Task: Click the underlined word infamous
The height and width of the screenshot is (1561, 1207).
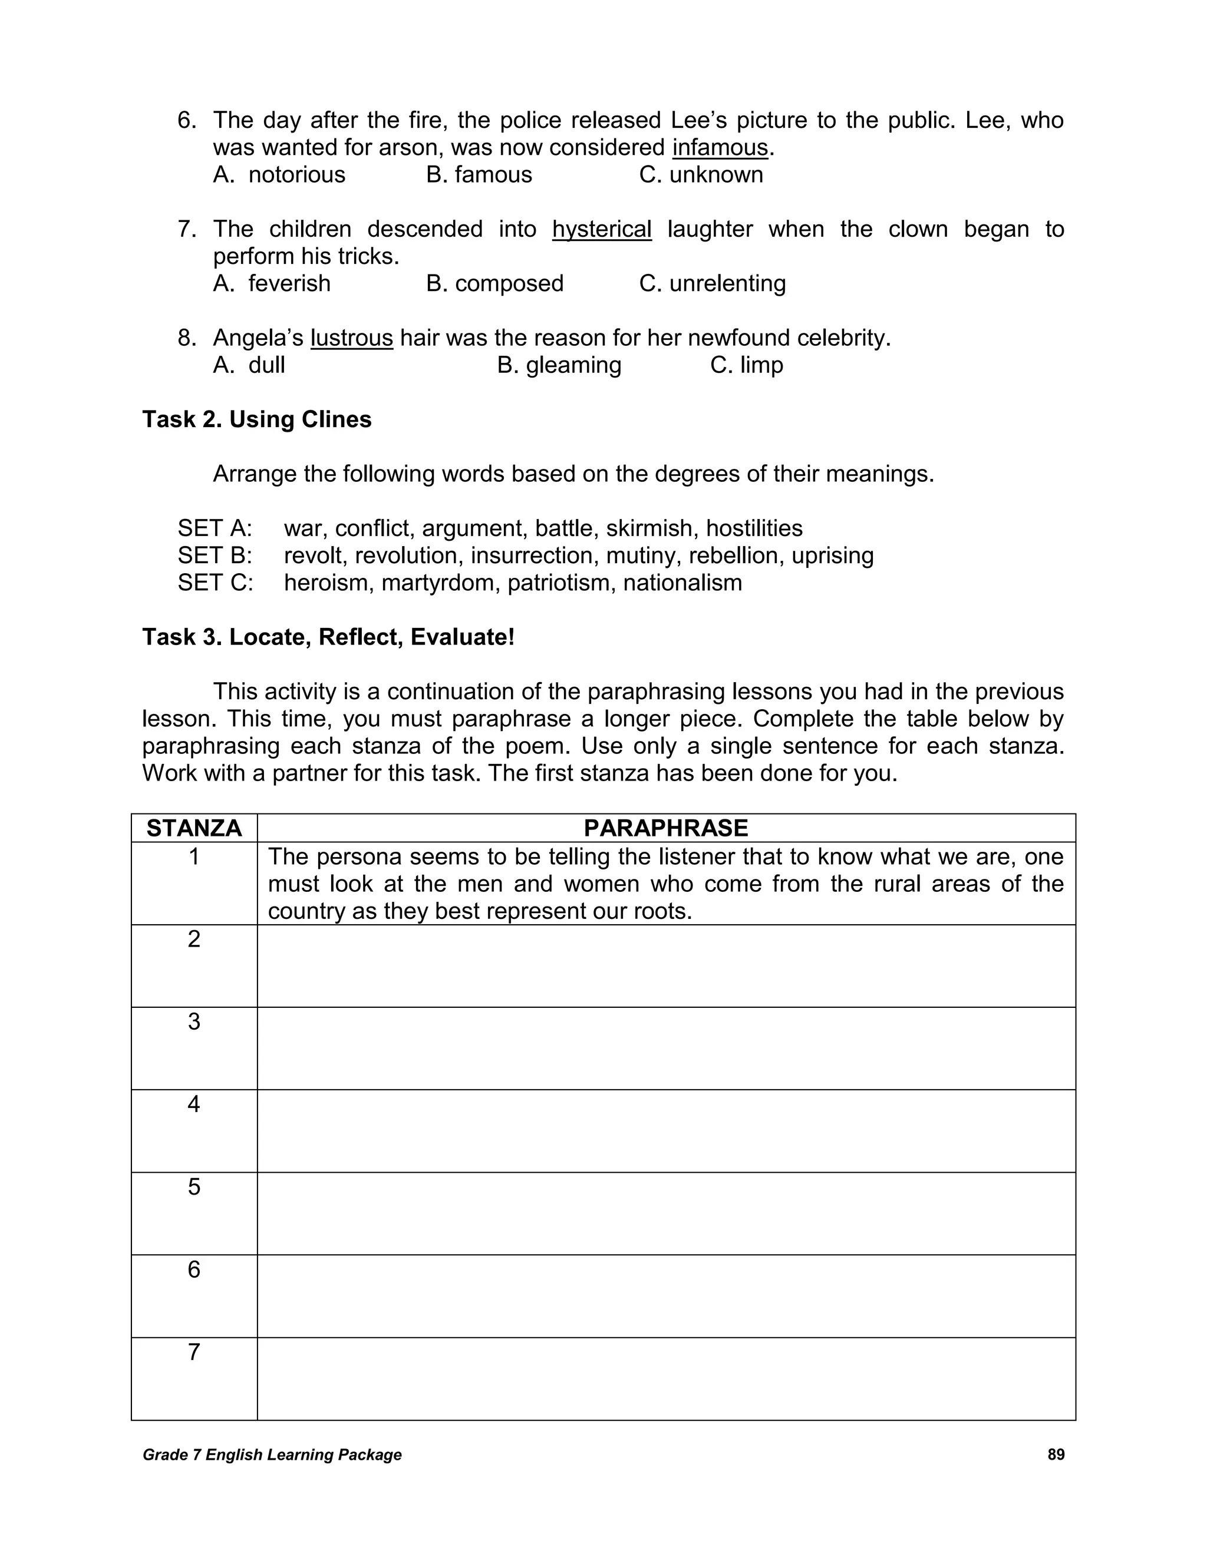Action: click(720, 148)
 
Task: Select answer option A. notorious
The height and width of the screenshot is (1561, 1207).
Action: click(279, 175)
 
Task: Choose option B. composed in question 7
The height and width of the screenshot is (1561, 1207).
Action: click(495, 284)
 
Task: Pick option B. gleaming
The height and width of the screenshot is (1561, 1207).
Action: click(559, 365)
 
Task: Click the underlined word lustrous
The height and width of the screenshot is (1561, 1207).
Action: click(351, 338)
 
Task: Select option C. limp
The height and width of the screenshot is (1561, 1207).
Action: click(747, 365)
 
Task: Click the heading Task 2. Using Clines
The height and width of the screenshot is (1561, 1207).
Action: click(257, 419)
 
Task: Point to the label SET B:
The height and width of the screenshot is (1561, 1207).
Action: click(215, 556)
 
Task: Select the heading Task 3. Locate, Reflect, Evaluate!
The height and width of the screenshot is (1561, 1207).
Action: click(328, 637)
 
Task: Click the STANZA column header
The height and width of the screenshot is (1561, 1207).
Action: click(194, 828)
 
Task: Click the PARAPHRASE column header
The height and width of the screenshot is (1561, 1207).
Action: click(666, 828)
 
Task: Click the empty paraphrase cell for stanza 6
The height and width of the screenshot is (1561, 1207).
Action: click(666, 1296)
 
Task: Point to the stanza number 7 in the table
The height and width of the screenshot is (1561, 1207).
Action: click(194, 1352)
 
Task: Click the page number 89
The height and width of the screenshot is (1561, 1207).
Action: click(1056, 1454)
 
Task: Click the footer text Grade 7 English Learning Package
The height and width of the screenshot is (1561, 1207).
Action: click(272, 1455)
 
